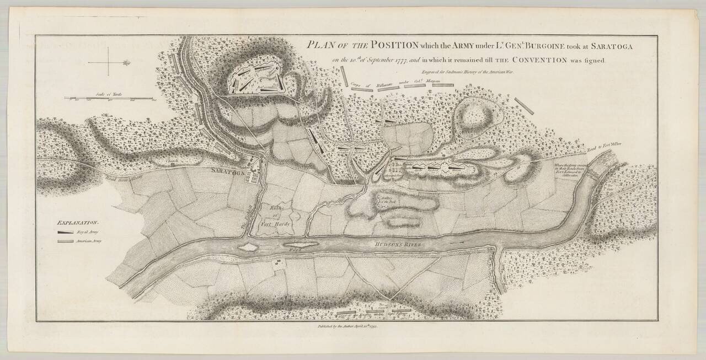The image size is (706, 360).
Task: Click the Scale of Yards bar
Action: (x=109, y=98)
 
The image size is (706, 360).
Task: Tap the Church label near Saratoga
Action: (x=173, y=161)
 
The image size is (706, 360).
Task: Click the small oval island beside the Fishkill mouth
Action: (x=247, y=248)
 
